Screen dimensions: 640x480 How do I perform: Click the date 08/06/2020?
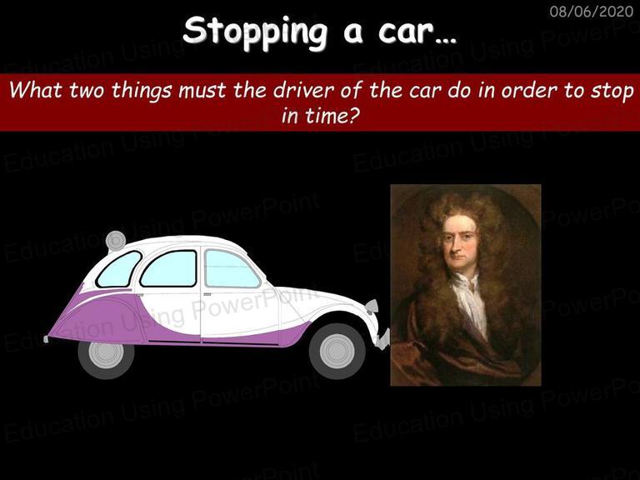591,11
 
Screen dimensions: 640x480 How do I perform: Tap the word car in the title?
405,32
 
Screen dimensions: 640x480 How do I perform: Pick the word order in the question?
530,90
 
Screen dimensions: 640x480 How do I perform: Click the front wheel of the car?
337,351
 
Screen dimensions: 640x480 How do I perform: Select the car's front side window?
232,268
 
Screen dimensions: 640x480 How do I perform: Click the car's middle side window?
169,268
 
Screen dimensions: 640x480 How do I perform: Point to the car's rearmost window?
118,269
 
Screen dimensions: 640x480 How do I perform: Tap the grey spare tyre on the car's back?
116,241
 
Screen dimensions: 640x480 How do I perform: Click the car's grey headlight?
372,306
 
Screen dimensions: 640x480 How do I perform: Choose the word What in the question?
36,89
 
